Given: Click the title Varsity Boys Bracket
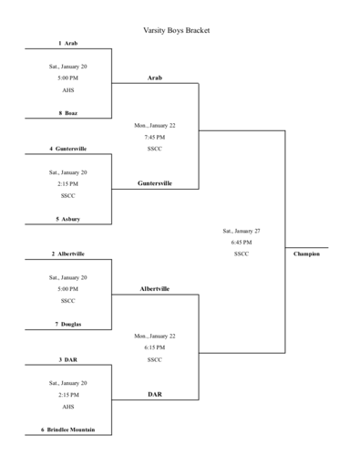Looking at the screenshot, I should pos(177,30).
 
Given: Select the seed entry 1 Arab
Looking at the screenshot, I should pos(68,43).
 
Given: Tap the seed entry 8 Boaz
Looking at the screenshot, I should pos(68,113).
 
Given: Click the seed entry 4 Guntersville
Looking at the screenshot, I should pos(68,148).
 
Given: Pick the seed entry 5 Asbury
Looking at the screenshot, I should pos(68,219).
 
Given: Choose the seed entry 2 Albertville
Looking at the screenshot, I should pos(68,254).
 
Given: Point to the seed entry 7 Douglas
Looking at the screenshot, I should pos(68,324).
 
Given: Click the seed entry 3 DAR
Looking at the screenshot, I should pos(68,359).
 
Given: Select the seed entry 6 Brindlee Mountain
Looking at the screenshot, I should pos(68,430).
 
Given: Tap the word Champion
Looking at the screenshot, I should pos(306,254).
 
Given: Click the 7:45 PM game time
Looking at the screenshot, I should pos(155,137).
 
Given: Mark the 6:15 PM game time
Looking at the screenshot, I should pos(155,347).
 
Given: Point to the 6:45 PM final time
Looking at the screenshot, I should pos(242,243).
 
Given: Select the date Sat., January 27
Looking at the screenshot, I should pos(242,231).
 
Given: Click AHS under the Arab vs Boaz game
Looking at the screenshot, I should pos(68,90).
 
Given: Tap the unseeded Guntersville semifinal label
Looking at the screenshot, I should pos(155,183).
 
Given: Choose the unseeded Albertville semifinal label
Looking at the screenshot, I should pos(155,289).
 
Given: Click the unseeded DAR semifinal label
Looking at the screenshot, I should pos(155,394).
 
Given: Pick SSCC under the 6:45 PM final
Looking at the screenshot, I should pos(242,254).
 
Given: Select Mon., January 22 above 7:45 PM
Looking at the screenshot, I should pos(155,125).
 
